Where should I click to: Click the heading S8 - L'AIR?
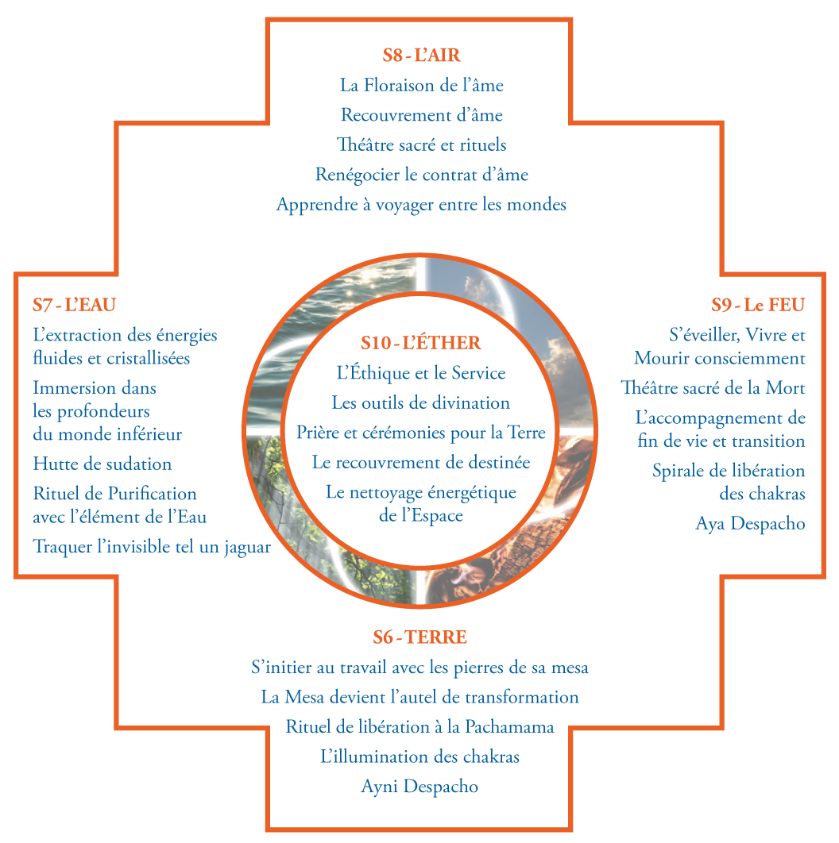pos(421,56)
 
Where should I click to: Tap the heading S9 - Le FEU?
pos(758,305)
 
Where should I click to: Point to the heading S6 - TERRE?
pos(419,637)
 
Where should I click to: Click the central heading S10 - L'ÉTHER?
pos(420,343)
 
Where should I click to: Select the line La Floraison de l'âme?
pos(421,85)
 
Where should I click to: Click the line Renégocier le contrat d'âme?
pos(421,175)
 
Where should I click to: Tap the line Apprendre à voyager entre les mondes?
pos(421,205)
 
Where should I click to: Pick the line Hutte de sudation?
pos(102,464)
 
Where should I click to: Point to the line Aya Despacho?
pos(750,524)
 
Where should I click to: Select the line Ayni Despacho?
pos(419,787)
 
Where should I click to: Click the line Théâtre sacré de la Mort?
pos(713,388)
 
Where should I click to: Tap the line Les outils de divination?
pos(420,403)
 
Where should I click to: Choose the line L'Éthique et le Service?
pos(420,373)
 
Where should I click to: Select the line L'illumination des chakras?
pos(419,756)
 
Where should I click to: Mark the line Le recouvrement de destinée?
pos(420,462)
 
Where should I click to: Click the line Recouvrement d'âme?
pos(421,115)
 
